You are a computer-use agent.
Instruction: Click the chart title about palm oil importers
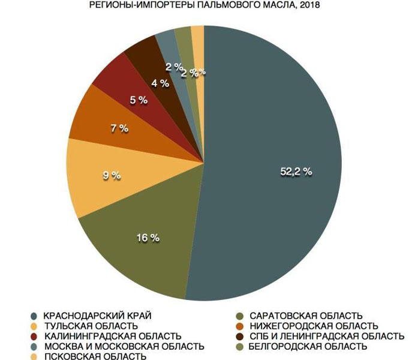click(204, 6)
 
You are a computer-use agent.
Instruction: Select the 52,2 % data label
click(296, 171)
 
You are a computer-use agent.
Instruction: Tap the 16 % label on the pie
click(148, 238)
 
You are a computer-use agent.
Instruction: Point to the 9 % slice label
click(111, 176)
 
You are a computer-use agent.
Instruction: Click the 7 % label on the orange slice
click(119, 128)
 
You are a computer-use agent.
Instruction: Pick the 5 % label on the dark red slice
click(139, 100)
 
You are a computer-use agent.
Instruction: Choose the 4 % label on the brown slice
click(160, 83)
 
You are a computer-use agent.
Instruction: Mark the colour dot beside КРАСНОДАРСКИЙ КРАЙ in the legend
click(34, 316)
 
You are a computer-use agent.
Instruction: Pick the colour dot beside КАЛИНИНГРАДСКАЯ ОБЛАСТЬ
click(34, 336)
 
